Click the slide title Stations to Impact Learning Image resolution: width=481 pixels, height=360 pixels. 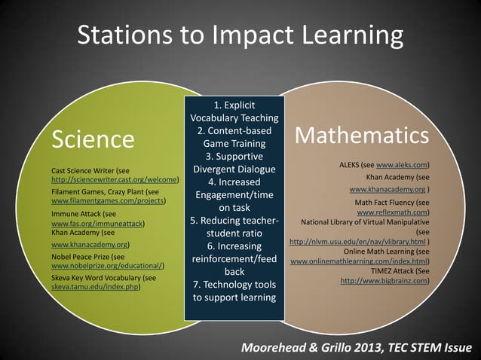240,35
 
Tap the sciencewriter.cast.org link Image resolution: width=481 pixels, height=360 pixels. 114,181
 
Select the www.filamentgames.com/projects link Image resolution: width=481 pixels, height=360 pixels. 107,202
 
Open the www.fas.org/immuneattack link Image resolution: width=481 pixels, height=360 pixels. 97,224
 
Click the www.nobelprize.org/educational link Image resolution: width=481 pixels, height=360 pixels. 107,266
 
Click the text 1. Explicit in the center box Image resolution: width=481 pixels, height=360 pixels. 234,104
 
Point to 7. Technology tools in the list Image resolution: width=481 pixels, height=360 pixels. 234,285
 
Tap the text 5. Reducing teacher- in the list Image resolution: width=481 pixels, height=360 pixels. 234,220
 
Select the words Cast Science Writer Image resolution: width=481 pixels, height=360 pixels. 84,171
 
